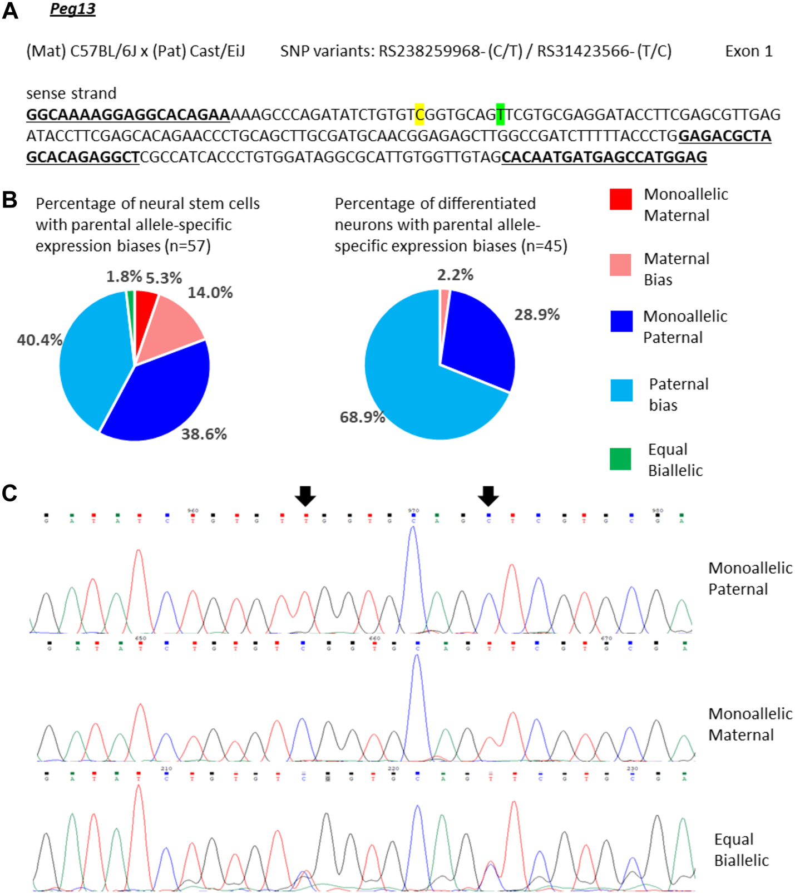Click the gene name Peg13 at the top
pyautogui.click(x=72, y=9)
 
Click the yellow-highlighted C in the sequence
pyautogui.click(x=419, y=115)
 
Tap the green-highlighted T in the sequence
pyautogui.click(x=500, y=115)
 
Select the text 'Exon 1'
pyautogui.click(x=748, y=51)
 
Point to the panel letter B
pyautogui.click(x=9, y=200)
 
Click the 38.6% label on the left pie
pyautogui.click(x=204, y=434)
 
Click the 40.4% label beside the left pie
pyautogui.click(x=39, y=340)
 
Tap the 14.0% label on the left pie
pyautogui.click(x=210, y=293)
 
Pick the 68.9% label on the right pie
pyautogui.click(x=362, y=417)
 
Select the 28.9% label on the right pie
pyautogui.click(x=536, y=315)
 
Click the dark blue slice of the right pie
pyautogui.click(x=478, y=339)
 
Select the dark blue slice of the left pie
pyautogui.click(x=161, y=395)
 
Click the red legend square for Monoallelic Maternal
pyautogui.click(x=620, y=199)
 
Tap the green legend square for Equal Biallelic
pyautogui.click(x=620, y=459)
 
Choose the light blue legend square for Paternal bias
pyautogui.click(x=621, y=390)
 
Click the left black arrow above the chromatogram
pyautogui.click(x=305, y=495)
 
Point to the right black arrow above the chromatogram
pyautogui.click(x=488, y=495)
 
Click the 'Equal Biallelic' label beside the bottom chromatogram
pyautogui.click(x=741, y=850)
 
